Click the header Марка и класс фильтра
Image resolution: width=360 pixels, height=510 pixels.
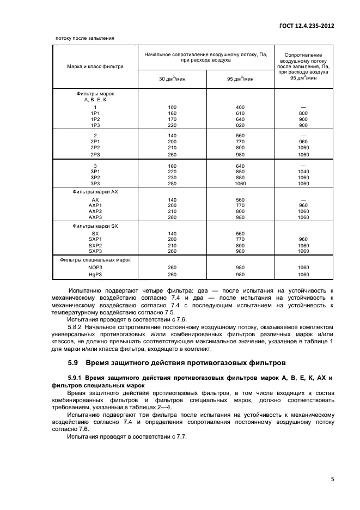(x=95, y=66)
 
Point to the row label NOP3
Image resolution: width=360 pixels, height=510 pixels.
(x=95, y=268)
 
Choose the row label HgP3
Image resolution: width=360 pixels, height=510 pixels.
(x=95, y=275)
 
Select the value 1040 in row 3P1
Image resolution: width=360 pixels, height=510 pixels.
(x=303, y=172)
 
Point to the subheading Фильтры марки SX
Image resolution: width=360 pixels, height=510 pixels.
(x=95, y=226)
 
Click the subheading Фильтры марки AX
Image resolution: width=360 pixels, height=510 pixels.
(x=95, y=192)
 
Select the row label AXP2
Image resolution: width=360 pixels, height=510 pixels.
(x=95, y=211)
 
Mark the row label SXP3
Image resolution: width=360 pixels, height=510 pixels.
(x=95, y=251)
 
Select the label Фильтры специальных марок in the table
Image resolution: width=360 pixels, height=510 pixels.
(x=95, y=260)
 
